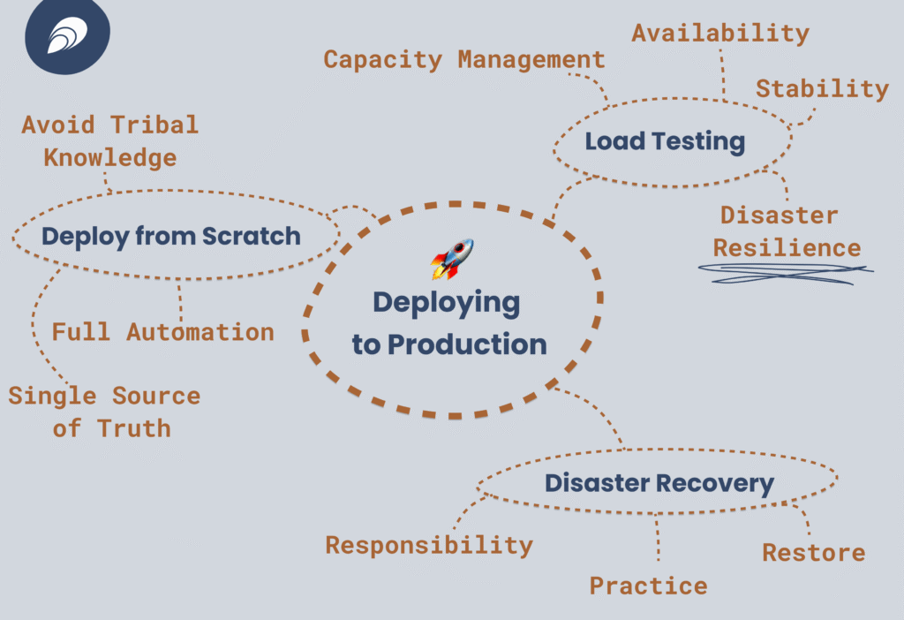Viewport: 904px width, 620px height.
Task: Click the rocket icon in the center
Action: pos(452,259)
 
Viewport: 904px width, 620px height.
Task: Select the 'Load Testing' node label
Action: pos(665,141)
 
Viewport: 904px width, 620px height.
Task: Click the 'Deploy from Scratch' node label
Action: pos(171,237)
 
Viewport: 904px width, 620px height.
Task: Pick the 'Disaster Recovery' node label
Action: pos(659,483)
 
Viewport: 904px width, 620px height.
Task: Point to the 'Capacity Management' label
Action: pos(464,60)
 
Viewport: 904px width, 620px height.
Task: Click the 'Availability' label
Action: pos(720,34)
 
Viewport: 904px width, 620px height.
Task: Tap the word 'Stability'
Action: pos(822,89)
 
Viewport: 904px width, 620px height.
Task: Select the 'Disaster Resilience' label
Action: pos(787,232)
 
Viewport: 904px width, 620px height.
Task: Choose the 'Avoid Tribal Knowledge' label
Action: pos(110,141)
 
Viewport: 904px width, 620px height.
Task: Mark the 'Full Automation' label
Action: pos(162,333)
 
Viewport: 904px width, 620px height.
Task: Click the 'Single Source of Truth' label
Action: pos(105,412)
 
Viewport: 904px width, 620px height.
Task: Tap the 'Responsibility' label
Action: pos(429,545)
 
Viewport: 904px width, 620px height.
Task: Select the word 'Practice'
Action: pos(648,586)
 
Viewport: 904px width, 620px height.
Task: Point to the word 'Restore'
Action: pos(813,554)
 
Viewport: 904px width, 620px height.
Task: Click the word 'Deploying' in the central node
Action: pos(446,303)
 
